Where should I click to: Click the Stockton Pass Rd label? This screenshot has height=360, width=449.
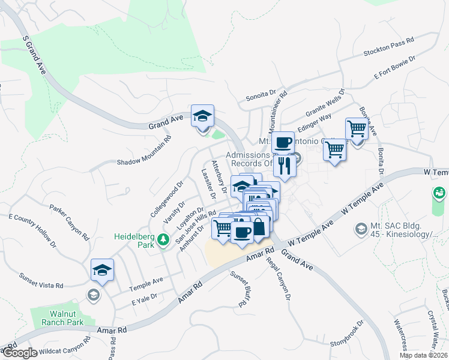pos(389,46)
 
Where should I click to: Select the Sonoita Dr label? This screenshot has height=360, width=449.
pos(261,95)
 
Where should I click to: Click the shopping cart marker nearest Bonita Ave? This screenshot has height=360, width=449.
pos(357,129)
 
